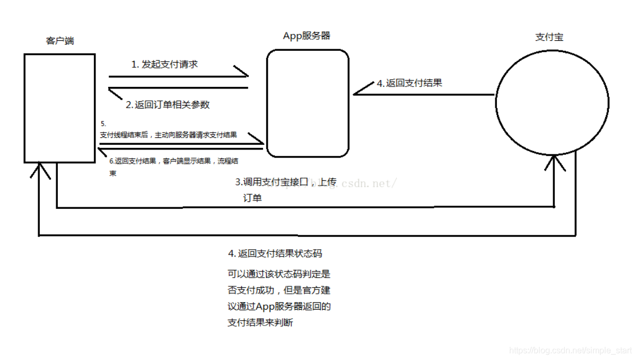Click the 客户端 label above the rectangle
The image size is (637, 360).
click(x=60, y=41)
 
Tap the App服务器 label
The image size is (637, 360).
click(x=307, y=36)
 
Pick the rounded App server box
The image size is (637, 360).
click(x=308, y=103)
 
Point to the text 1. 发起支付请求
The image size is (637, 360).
click(x=164, y=64)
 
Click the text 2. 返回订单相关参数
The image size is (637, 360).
click(x=168, y=104)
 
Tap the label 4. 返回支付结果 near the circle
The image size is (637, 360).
click(x=409, y=83)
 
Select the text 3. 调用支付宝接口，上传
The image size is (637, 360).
click(x=286, y=182)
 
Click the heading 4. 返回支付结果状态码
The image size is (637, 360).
click(x=275, y=253)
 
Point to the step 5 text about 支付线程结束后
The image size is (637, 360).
click(x=168, y=135)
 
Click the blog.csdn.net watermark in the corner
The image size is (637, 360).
click(x=570, y=351)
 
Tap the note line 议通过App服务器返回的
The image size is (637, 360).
click(x=279, y=306)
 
